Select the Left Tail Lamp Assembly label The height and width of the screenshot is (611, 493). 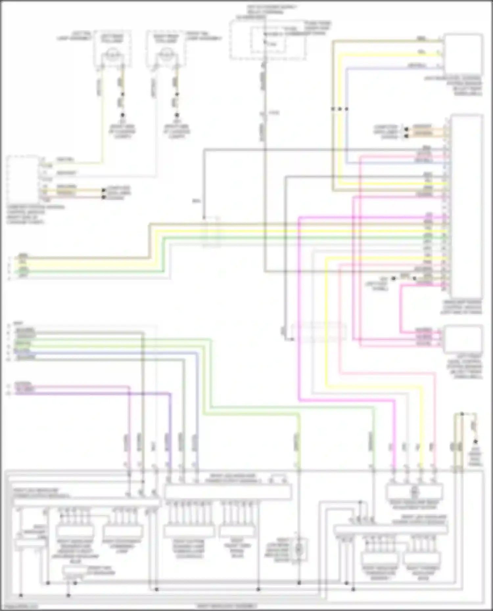[74, 36]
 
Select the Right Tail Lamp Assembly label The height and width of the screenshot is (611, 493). [204, 36]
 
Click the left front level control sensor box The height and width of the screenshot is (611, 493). [463, 339]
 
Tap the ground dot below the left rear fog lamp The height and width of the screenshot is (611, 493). [123, 115]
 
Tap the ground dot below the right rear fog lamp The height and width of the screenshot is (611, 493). [177, 115]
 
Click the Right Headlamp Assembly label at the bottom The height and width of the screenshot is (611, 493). [227, 606]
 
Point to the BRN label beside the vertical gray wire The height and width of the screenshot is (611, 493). [197, 201]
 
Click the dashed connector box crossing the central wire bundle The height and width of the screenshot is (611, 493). [212, 232]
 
